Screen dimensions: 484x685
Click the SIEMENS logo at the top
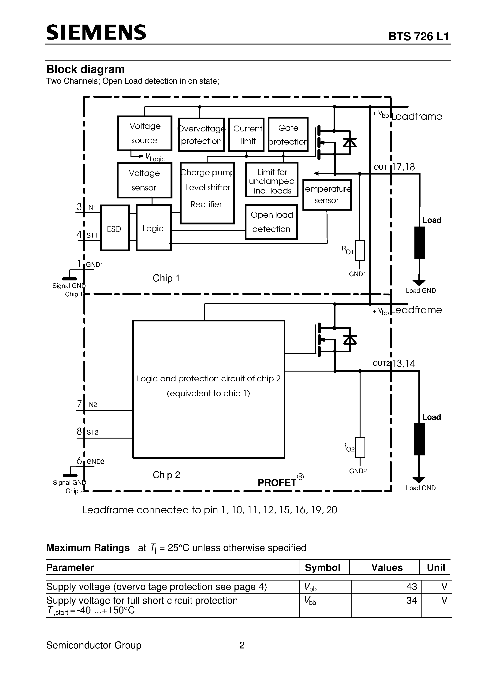click(x=96, y=33)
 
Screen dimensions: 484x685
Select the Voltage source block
click(x=145, y=133)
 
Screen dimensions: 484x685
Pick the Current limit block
click(x=246, y=134)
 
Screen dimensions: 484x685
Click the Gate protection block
click(x=288, y=134)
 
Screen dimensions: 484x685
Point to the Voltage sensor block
click(x=144, y=180)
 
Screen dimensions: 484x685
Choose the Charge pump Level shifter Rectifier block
click(x=207, y=193)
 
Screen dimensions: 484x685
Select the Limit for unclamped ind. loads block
click(x=272, y=180)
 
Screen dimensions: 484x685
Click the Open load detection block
click(x=271, y=222)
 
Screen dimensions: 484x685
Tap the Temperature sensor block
click(x=327, y=194)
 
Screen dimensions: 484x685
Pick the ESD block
click(x=115, y=228)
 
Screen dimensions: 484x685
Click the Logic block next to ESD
click(x=154, y=228)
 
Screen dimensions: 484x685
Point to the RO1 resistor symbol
click(x=360, y=250)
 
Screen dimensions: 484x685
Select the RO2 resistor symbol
click(x=360, y=447)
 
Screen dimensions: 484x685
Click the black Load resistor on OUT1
click(x=420, y=242)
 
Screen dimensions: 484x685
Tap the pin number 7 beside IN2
click(x=79, y=404)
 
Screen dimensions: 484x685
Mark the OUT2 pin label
click(x=381, y=363)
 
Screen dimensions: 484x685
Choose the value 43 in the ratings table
click(x=411, y=587)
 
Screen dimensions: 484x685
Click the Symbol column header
click(x=323, y=567)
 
